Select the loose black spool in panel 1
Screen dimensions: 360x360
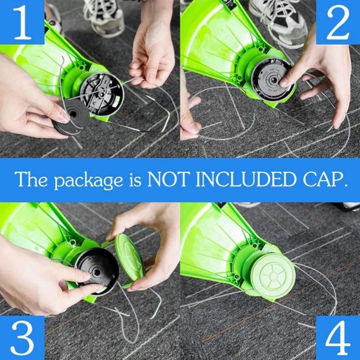point(72,116)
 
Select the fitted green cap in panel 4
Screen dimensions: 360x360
point(272,275)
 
